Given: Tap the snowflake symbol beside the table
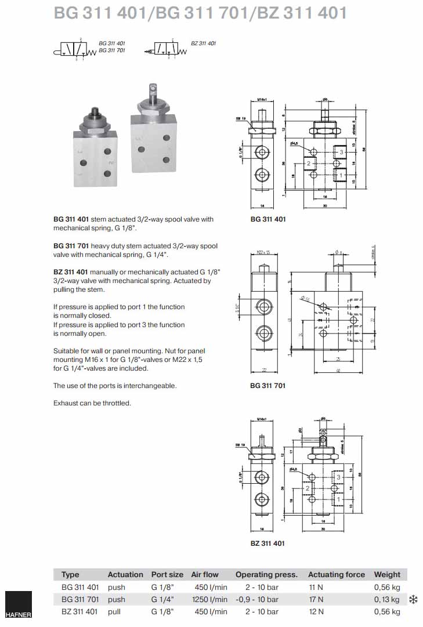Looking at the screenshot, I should [x=414, y=599].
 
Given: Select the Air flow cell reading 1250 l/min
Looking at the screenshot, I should [x=209, y=599].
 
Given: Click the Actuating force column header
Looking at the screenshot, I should [x=336, y=575].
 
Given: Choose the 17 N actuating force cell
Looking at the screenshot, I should [x=317, y=599].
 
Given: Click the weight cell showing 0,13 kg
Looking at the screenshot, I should [x=388, y=599].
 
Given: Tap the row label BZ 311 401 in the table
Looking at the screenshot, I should [x=79, y=611].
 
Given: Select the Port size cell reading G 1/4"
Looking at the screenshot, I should [x=162, y=599].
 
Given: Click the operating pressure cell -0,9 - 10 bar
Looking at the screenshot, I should [x=256, y=599].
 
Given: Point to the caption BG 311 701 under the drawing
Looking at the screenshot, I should [x=267, y=386].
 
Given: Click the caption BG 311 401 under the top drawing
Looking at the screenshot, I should [x=267, y=219].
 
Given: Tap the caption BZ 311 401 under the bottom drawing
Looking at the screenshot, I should [x=267, y=543].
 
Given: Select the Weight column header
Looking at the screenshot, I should [x=387, y=575].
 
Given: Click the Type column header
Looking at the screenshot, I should [x=70, y=575].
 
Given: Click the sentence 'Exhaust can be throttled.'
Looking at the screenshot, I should [x=92, y=403].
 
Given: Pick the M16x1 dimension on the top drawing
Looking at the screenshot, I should [x=262, y=100].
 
